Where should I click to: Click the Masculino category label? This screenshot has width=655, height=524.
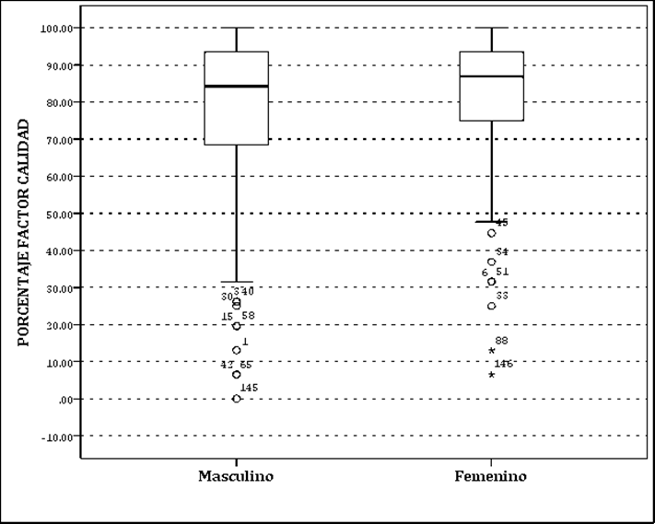pos(236,476)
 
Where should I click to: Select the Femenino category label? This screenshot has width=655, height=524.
pos(491,476)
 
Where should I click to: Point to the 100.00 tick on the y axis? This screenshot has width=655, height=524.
pos(57,28)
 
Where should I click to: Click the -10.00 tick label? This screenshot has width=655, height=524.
pos(57,437)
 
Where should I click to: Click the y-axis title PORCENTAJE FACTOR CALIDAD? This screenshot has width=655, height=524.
pos(24,231)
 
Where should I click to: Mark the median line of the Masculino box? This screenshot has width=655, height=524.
pos(236,87)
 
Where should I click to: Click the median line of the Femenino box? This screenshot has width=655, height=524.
pos(491,76)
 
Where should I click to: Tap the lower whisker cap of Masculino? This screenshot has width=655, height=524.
pos(237,282)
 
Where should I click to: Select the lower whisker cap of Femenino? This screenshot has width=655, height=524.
pos(491,222)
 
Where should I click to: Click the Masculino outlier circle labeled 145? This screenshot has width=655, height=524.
pos(237,399)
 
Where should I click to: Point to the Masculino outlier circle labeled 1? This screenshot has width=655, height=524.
pos(237,350)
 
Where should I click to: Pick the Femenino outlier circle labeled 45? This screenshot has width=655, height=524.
pos(492,233)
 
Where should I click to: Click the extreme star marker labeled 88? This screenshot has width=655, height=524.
pos(492,351)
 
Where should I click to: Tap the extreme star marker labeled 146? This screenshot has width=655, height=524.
pos(492,375)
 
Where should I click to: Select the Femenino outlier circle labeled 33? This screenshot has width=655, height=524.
pos(492,306)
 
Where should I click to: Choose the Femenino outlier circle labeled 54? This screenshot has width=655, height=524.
pos(492,262)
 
